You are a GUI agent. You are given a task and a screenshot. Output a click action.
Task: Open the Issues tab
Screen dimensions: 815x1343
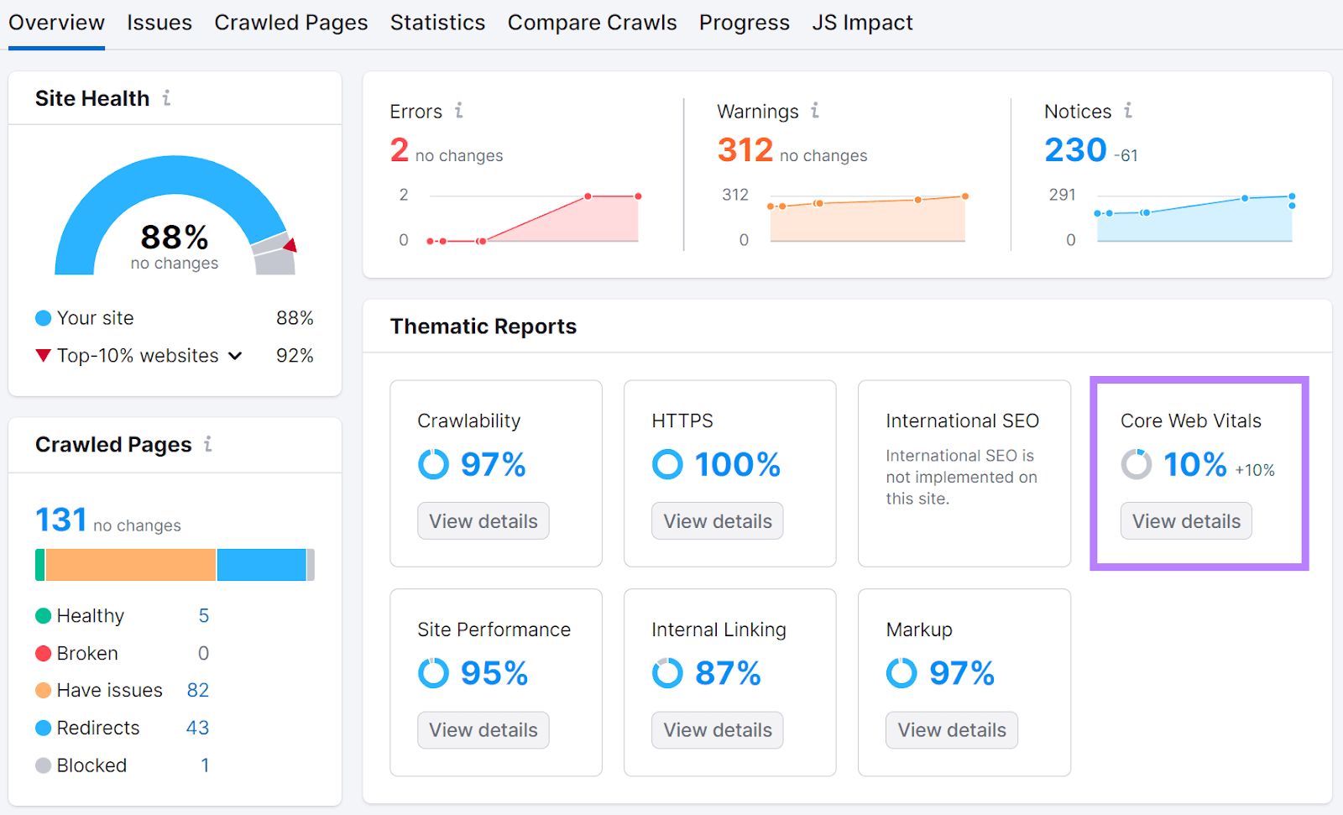pos(159,23)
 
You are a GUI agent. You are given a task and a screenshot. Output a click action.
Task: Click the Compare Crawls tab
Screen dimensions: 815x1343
pos(592,23)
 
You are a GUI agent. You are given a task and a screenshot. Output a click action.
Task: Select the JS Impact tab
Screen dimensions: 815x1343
pos(862,23)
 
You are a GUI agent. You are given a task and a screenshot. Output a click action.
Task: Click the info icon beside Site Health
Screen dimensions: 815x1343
pos(166,98)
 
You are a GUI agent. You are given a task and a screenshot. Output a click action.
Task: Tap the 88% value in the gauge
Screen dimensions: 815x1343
pos(175,238)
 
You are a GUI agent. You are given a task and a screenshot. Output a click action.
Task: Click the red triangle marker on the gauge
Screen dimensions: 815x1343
pos(290,245)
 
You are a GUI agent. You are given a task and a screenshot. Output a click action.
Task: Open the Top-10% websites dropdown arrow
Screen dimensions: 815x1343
pos(236,356)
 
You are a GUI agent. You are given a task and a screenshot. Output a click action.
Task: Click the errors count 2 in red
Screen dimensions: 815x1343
pos(400,150)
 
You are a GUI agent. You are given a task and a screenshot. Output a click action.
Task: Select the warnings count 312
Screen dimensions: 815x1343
pos(745,150)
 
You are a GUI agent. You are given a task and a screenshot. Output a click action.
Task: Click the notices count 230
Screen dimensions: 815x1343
pos(1075,150)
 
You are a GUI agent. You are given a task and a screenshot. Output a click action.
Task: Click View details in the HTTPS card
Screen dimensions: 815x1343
pos(718,521)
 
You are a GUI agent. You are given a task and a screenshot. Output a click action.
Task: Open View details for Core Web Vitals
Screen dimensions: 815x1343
pos(1186,521)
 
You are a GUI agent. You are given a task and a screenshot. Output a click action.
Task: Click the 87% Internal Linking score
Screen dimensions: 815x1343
pos(728,673)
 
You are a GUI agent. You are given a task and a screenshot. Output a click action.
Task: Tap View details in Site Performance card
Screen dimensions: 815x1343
pos(483,730)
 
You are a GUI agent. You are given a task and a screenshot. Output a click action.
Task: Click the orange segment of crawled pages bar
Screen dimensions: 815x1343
pos(130,565)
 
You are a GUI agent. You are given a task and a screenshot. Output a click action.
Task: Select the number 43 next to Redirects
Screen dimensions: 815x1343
pos(197,728)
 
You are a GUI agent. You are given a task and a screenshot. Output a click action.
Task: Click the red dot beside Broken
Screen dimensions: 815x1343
pos(44,653)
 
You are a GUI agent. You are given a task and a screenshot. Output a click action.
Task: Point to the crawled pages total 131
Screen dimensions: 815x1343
pos(61,520)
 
